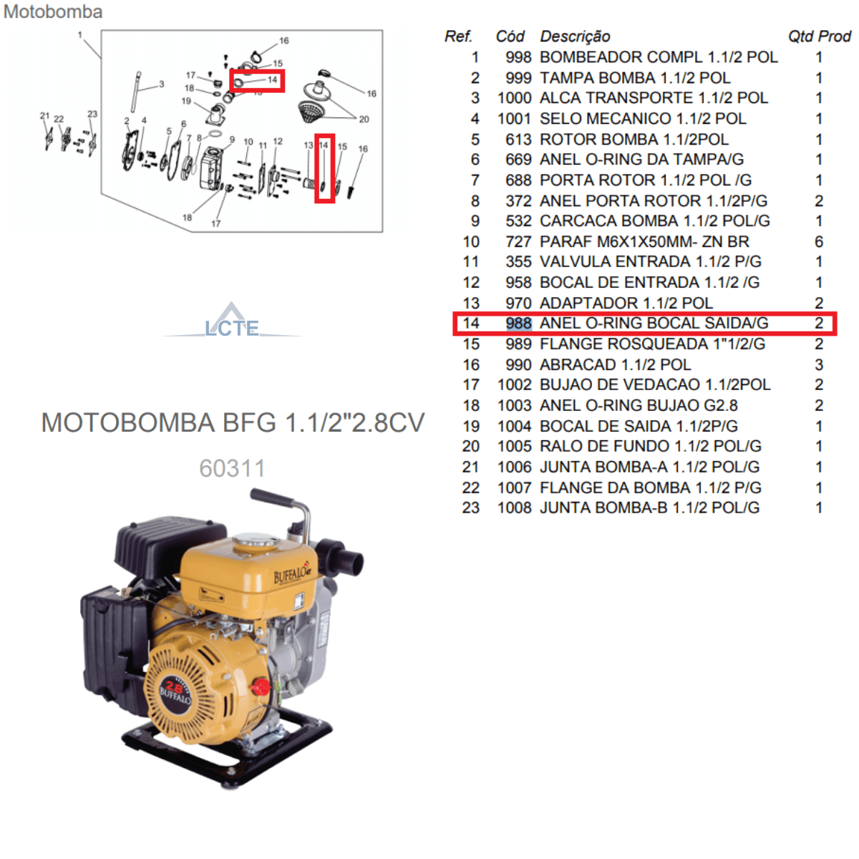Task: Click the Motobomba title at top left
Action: pos(52,11)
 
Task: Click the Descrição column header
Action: pos(575,37)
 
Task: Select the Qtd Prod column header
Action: pos(820,37)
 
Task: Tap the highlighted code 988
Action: pos(518,323)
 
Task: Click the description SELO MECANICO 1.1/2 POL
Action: pos(642,119)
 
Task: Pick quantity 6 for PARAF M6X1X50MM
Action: pos(818,242)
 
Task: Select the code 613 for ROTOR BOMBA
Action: pos(518,140)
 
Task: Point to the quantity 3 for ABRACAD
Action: pos(819,364)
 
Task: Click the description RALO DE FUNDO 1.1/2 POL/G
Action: pos(651,446)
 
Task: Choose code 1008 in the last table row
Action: pos(515,508)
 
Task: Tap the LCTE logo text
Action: pos(231,328)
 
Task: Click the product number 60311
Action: pos(232,468)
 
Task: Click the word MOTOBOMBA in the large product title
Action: pos(128,422)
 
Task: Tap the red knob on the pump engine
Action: pos(261,687)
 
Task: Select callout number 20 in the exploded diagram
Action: pos(364,119)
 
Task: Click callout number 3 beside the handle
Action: pos(161,84)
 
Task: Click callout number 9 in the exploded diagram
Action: pos(232,140)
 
